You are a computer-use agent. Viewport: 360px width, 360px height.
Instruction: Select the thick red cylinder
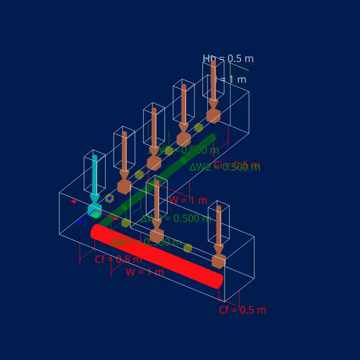tap(157, 256)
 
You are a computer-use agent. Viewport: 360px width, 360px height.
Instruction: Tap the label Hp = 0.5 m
tap(228, 58)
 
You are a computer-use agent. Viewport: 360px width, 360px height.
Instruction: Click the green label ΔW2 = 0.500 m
tap(225, 167)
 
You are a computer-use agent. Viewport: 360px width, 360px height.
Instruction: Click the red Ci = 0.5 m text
tap(237, 164)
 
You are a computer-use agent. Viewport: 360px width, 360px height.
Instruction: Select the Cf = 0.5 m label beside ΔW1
tap(118, 259)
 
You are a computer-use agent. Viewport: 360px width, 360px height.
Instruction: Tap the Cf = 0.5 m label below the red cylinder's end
tap(242, 310)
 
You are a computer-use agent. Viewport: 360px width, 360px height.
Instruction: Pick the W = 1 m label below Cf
tap(144, 272)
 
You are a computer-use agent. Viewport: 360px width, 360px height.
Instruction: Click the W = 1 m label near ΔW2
tap(188, 200)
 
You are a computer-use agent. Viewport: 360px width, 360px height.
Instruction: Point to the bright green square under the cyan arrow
tap(96, 215)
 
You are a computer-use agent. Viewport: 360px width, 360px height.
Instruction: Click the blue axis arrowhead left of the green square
tap(80, 221)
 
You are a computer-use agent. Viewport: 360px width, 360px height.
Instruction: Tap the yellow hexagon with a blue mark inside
tap(109, 198)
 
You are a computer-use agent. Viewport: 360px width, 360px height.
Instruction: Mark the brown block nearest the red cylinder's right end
tap(219, 261)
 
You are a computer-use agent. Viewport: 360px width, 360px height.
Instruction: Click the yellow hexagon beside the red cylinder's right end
tap(188, 248)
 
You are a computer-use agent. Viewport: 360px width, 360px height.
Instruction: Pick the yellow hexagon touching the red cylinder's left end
tap(126, 222)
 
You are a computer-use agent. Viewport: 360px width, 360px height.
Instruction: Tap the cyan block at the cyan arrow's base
tap(94, 209)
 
